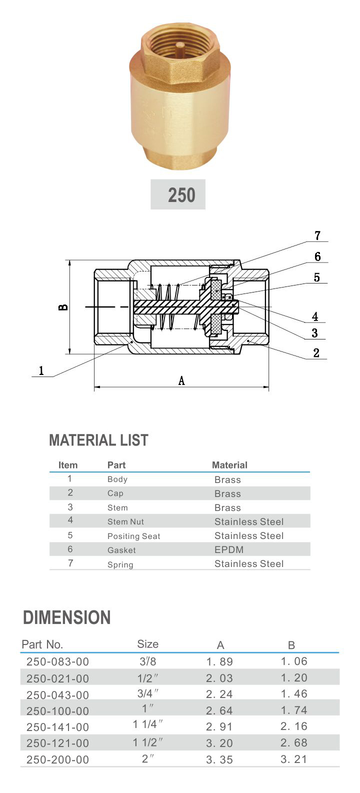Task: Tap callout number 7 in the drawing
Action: [x=317, y=235]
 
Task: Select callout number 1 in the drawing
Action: [x=41, y=370]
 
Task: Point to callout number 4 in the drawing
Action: [x=315, y=316]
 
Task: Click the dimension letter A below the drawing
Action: [x=181, y=381]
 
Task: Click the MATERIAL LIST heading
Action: [x=98, y=440]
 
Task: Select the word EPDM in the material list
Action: [x=229, y=549]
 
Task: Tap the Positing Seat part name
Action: [x=133, y=536]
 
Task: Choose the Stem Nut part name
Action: [x=125, y=521]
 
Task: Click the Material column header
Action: [x=229, y=465]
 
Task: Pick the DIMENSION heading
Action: [x=66, y=617]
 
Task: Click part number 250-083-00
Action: [x=57, y=661]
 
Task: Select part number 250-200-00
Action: [x=57, y=759]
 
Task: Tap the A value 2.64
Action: [x=219, y=710]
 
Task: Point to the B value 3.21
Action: [x=293, y=759]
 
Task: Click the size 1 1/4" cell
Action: [x=148, y=725]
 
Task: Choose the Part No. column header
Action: [x=42, y=644]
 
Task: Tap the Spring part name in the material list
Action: [x=120, y=564]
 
